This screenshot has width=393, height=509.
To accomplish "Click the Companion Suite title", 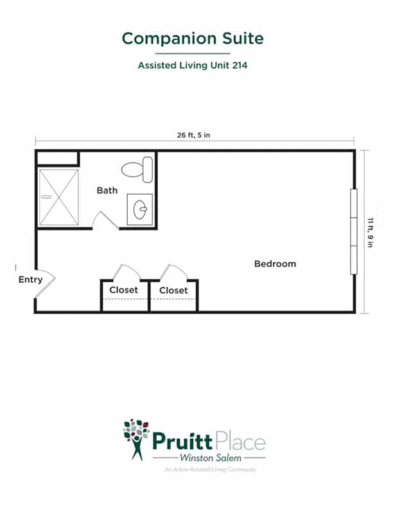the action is [x=193, y=39].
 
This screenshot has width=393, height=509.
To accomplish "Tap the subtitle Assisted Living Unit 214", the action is [x=193, y=66].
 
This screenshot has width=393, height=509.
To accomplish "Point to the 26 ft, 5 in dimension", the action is [x=193, y=135].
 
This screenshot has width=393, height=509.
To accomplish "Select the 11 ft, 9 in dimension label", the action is [x=370, y=233].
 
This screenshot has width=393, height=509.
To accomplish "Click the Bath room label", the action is [x=107, y=190].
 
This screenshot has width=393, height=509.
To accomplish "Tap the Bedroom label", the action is [x=275, y=263].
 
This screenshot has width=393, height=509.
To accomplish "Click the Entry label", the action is [x=30, y=280].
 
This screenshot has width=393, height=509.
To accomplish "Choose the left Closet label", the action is [x=123, y=290].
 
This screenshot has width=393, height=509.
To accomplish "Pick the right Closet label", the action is [x=173, y=290].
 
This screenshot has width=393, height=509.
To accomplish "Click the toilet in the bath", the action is [x=137, y=170].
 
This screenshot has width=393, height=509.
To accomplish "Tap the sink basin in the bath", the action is [x=140, y=210].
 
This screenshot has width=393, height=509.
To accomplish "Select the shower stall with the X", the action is [x=58, y=197].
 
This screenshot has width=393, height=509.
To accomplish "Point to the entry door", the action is [x=45, y=283].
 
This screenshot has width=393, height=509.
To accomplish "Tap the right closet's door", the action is [x=173, y=271].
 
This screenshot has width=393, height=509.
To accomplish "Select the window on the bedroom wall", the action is [x=354, y=231].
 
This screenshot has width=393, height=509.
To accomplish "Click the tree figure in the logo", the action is [x=137, y=440].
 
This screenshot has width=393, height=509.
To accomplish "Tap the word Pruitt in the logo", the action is [x=182, y=441].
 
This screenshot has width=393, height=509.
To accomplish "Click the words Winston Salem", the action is [x=211, y=458].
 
